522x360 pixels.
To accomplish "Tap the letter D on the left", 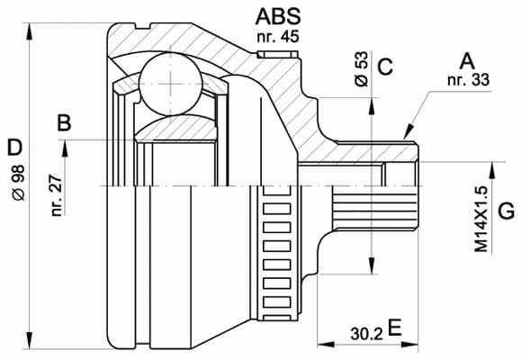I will point(13,146).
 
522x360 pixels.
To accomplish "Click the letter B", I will point(64,123).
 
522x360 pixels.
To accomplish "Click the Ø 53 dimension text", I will point(361,68).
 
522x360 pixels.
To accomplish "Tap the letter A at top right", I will point(466,62).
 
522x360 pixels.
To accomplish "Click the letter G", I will point(506,212).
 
